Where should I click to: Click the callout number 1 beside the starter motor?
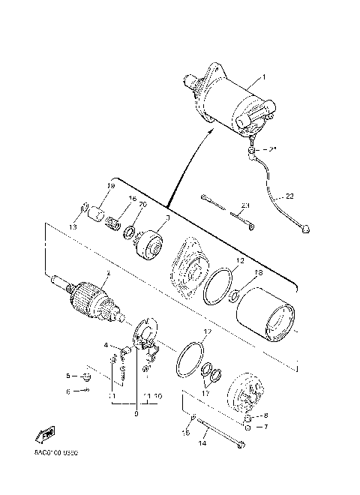(x=263, y=77)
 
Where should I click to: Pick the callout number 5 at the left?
(x=67, y=376)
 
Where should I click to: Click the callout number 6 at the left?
(x=67, y=391)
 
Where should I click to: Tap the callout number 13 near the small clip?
(x=73, y=226)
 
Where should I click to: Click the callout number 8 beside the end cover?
(x=265, y=415)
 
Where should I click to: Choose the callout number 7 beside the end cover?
(x=265, y=427)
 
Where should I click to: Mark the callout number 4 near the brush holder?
(x=106, y=346)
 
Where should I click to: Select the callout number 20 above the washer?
(x=142, y=205)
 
